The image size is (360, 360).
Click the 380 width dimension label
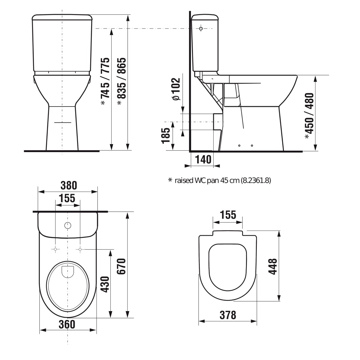click(x=69, y=185)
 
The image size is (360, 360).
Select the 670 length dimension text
click(x=121, y=266)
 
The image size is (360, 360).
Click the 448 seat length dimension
click(x=273, y=267)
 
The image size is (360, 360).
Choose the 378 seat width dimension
click(x=228, y=315)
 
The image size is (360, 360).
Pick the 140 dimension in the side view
click(x=203, y=159)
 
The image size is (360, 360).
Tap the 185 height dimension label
click(x=166, y=136)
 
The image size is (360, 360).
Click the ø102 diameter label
click(x=176, y=89)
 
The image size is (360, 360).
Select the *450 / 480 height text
click(x=309, y=116)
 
